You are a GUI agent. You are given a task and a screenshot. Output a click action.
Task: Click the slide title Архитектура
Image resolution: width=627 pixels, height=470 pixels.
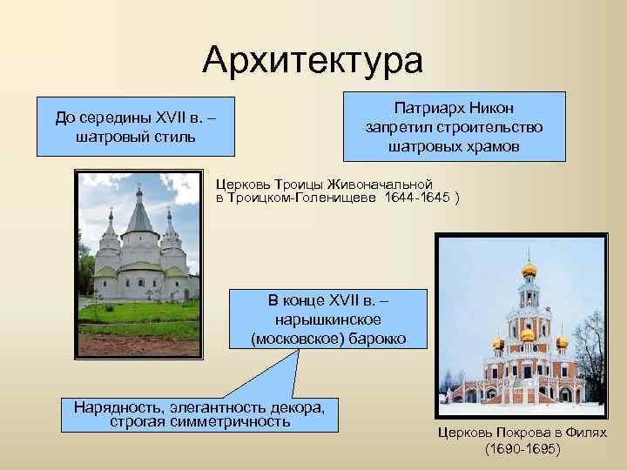pos(313,60)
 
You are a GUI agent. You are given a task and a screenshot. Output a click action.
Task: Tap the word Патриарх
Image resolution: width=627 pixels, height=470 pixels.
pos(428,109)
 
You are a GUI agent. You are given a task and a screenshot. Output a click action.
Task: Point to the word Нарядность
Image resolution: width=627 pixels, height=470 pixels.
pos(114,406)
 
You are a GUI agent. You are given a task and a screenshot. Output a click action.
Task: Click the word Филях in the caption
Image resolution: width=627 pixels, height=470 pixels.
pos(586,433)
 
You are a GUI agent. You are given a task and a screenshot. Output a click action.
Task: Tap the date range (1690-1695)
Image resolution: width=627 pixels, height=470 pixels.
pos(522,449)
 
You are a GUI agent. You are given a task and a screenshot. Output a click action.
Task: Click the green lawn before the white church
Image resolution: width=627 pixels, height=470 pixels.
pos(139,311)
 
